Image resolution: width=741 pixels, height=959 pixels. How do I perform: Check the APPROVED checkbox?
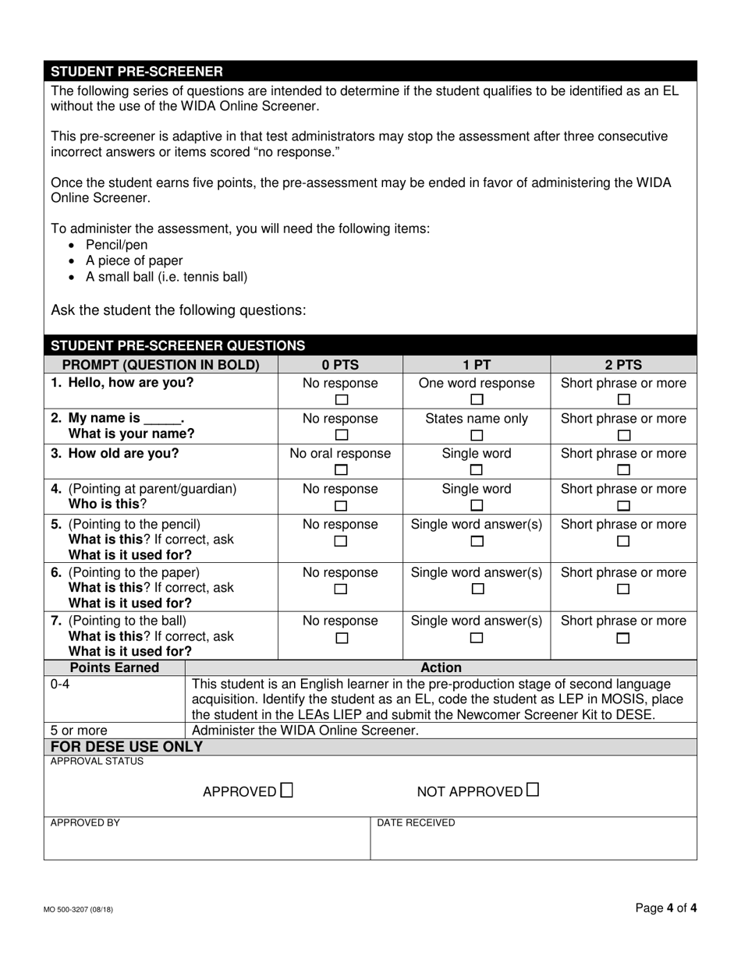(x=287, y=791)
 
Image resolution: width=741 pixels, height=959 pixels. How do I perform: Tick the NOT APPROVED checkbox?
(x=532, y=791)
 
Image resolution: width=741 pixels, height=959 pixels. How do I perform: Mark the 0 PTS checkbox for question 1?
(x=341, y=401)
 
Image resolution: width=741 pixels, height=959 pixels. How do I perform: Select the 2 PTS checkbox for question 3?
(x=623, y=470)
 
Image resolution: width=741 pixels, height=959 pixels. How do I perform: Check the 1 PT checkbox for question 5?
(x=477, y=541)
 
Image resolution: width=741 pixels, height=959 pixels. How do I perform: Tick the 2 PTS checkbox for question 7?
(x=623, y=638)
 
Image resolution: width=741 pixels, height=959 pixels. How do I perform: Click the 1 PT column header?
(x=477, y=364)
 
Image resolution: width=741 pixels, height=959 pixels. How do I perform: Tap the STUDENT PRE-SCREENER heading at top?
(x=136, y=71)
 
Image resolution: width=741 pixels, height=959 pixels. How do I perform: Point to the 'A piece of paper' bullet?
(x=134, y=260)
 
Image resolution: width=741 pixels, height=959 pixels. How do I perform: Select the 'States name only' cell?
(x=477, y=419)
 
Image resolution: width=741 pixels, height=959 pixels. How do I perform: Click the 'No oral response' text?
(x=341, y=454)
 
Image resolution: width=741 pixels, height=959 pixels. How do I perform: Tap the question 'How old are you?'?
(x=123, y=454)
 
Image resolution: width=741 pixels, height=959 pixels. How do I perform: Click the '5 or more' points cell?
(x=79, y=731)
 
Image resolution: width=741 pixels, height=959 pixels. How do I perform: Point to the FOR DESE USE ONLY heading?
(x=127, y=747)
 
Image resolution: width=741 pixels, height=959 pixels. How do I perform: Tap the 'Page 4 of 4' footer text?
(x=665, y=908)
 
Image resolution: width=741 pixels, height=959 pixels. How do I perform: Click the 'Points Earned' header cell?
(x=115, y=667)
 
